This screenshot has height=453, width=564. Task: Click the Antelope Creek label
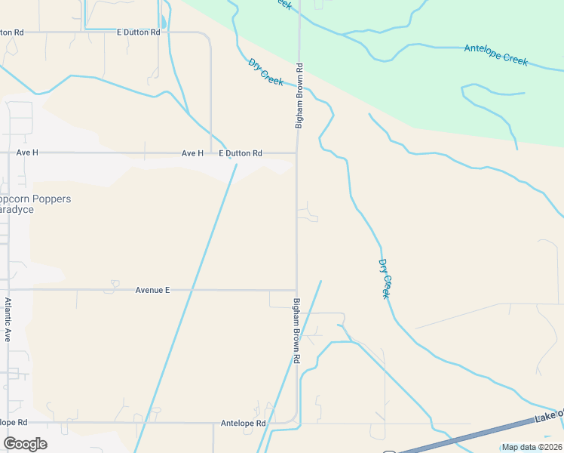point(495,55)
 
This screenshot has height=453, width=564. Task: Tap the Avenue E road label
point(153,290)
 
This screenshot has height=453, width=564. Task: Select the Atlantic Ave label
point(8,319)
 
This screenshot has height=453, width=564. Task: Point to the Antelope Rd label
point(244,424)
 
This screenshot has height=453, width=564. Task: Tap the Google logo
point(25,444)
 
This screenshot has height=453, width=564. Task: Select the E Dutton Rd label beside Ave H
point(241,153)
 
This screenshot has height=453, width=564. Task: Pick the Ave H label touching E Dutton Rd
point(192,153)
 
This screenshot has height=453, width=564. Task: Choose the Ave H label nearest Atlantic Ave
point(27,153)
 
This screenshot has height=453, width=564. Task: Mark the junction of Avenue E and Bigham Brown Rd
point(296,290)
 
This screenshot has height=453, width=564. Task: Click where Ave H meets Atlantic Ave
point(8,153)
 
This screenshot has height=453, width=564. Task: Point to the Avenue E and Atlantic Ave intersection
point(8,289)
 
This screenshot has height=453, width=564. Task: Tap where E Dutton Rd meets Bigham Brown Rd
point(296,153)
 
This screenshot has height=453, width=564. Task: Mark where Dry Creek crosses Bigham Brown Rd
point(299,86)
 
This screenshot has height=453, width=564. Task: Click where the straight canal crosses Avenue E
point(193,290)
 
